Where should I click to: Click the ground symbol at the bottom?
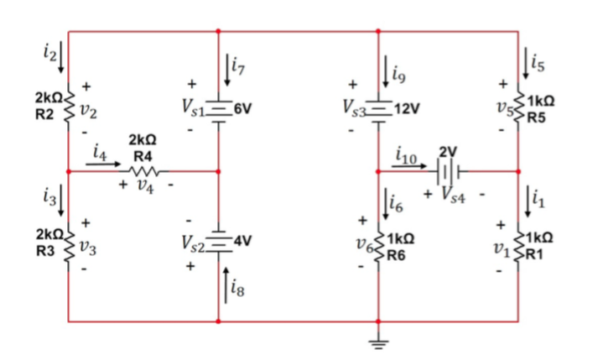[x=378, y=341]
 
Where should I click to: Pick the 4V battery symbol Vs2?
[x=218, y=243]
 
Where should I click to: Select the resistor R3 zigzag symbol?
[x=68, y=243]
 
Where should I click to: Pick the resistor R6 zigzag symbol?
[x=378, y=243]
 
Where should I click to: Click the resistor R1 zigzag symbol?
[x=517, y=243]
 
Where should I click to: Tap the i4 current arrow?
[x=103, y=164]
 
